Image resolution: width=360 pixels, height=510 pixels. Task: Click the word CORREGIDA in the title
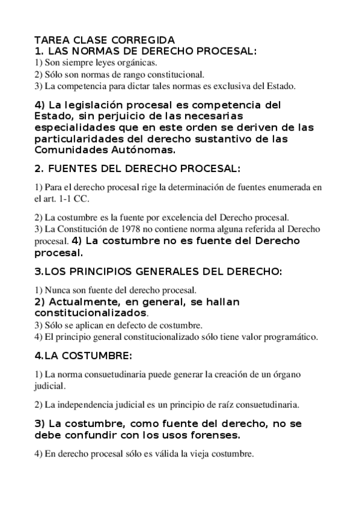pyautogui.click(x=144, y=40)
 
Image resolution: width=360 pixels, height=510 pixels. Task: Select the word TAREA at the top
pyautogui.click(x=50, y=40)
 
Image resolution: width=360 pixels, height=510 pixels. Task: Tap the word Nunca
pyautogui.click(x=59, y=290)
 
